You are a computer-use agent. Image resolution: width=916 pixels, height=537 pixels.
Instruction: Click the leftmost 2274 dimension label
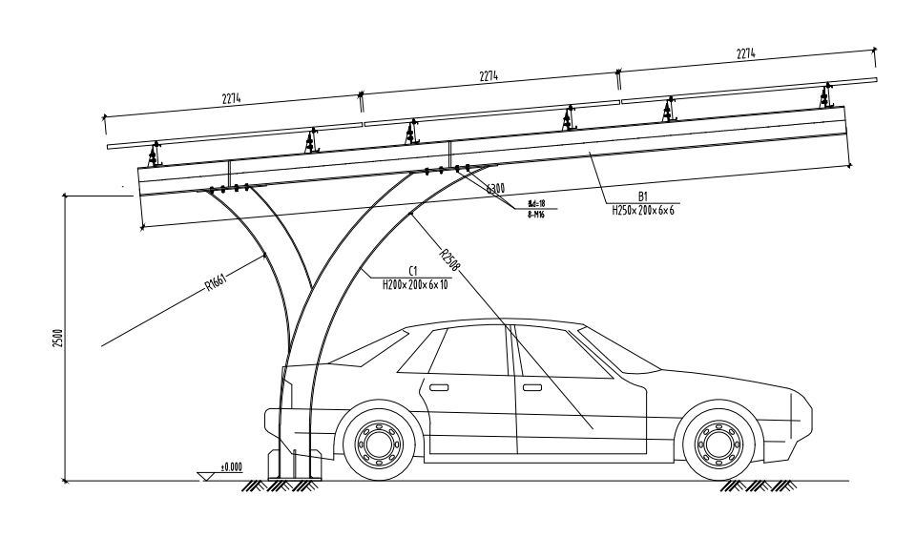229,98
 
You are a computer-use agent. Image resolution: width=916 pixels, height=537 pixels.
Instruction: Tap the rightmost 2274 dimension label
746,54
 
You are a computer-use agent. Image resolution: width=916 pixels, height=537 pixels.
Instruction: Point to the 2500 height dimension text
57,338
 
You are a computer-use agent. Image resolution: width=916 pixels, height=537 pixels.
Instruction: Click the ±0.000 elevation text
232,467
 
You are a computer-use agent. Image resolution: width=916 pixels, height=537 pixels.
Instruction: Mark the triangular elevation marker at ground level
204,475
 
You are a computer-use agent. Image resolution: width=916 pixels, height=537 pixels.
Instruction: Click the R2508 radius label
451,260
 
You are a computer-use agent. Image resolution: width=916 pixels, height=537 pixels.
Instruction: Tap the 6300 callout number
495,189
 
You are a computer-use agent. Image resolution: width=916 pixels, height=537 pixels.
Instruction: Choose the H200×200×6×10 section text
415,283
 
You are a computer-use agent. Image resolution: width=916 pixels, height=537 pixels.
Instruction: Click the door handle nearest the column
439,387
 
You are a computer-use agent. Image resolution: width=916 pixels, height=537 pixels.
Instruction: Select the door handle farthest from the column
531,387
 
